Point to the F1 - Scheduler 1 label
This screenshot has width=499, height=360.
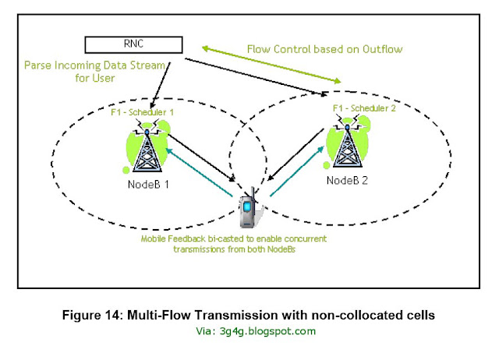pyautogui.click(x=143, y=113)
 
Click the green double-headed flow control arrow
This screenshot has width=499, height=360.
pyautogui.click(x=269, y=63)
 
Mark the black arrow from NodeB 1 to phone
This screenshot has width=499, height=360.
pyautogui.click(x=203, y=157)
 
